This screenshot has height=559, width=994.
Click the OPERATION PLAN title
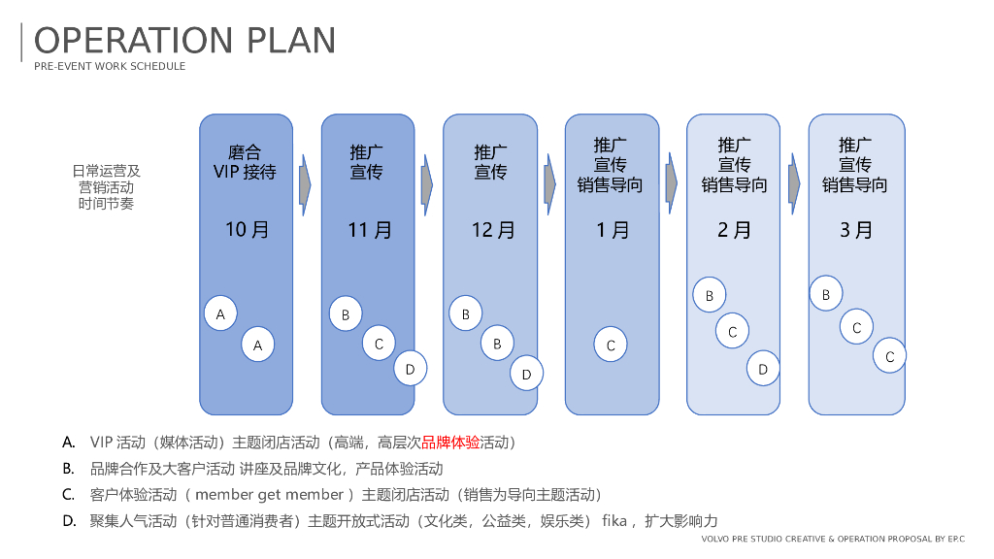(x=184, y=41)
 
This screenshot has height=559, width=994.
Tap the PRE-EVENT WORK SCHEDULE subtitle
(x=110, y=67)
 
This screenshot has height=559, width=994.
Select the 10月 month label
(x=247, y=230)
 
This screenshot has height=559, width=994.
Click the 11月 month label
(x=369, y=230)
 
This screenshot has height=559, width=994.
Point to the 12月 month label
(x=492, y=230)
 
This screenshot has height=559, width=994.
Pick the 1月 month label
(x=613, y=230)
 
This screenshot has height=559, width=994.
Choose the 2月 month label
(x=735, y=230)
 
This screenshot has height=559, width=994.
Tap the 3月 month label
(x=856, y=230)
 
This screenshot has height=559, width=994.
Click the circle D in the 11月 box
(x=410, y=369)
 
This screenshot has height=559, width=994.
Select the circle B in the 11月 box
(x=346, y=314)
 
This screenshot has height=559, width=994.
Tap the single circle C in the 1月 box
(x=611, y=345)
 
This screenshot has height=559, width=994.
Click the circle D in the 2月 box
(x=763, y=369)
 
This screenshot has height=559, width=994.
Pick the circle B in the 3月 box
(x=826, y=294)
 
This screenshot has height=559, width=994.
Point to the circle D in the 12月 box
(x=526, y=374)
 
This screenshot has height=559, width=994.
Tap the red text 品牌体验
(x=450, y=443)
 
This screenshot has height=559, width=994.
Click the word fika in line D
(x=614, y=521)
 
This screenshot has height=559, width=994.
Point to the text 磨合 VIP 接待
(x=245, y=162)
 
